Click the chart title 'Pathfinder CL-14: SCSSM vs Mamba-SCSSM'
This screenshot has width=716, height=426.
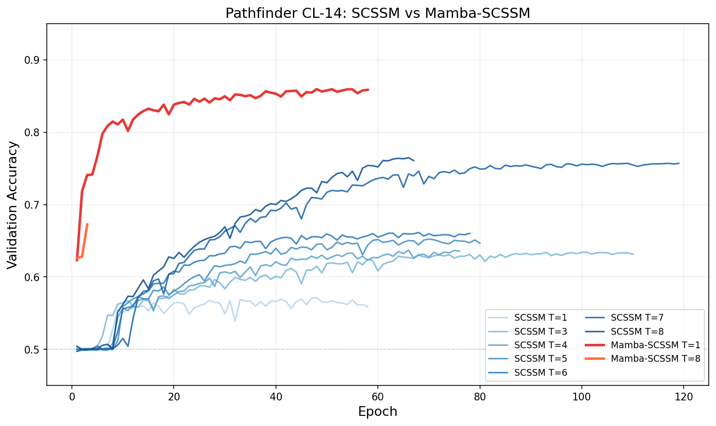pyautogui.click(x=378, y=13)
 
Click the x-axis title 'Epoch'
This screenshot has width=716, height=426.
pyautogui.click(x=377, y=412)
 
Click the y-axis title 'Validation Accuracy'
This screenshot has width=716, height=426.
pyautogui.click(x=13, y=205)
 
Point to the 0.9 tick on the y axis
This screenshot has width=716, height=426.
pyautogui.click(x=34, y=60)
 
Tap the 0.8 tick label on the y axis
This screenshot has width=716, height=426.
pyautogui.click(x=34, y=133)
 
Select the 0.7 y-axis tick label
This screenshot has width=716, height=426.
pyautogui.click(x=34, y=205)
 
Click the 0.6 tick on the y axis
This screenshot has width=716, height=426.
pyautogui.click(x=34, y=277)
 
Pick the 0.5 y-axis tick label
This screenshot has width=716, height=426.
pyautogui.click(x=34, y=350)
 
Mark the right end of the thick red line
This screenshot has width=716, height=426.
pyautogui.click(x=368, y=90)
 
